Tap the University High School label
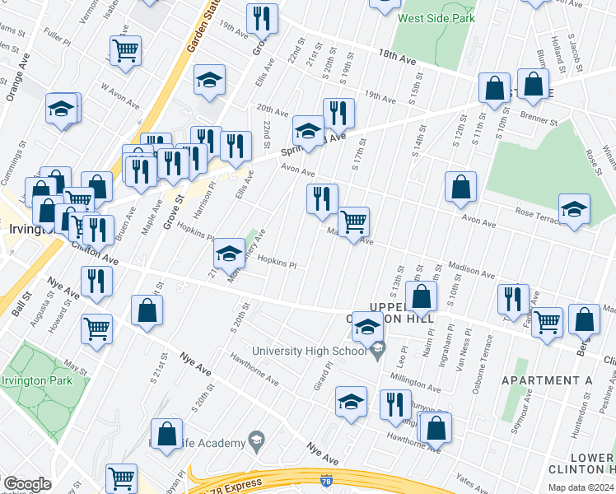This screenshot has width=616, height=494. tap(309, 352)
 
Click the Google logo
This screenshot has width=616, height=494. tap(26, 484)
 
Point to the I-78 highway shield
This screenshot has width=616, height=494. tap(327, 480)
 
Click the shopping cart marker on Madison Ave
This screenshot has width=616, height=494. tap(353, 221)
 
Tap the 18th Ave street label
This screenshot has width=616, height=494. tap(397, 58)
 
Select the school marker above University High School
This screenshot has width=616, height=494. tap(367, 329)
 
